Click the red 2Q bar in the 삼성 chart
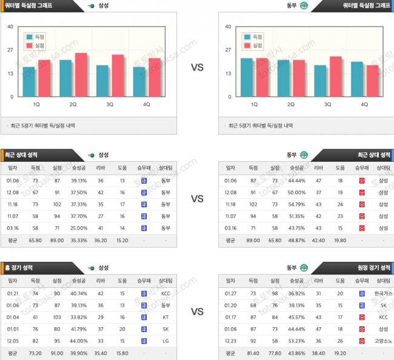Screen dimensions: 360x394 click(81, 75)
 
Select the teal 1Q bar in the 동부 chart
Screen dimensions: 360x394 click(247, 78)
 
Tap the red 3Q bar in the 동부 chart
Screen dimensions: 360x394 click(335, 77)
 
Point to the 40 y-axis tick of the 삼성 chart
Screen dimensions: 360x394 click(10, 27)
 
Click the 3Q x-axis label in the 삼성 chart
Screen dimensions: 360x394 click(110, 104)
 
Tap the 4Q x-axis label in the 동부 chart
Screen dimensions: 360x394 click(364, 104)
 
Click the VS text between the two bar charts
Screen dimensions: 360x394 click(197, 67)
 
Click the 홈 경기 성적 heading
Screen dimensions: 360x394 click(19, 267)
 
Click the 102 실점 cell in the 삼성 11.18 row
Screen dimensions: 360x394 click(57, 204)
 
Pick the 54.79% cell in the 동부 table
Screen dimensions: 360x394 click(296, 204)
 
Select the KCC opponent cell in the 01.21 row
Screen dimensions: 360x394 click(165, 293)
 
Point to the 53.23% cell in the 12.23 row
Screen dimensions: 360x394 click(296, 341)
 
